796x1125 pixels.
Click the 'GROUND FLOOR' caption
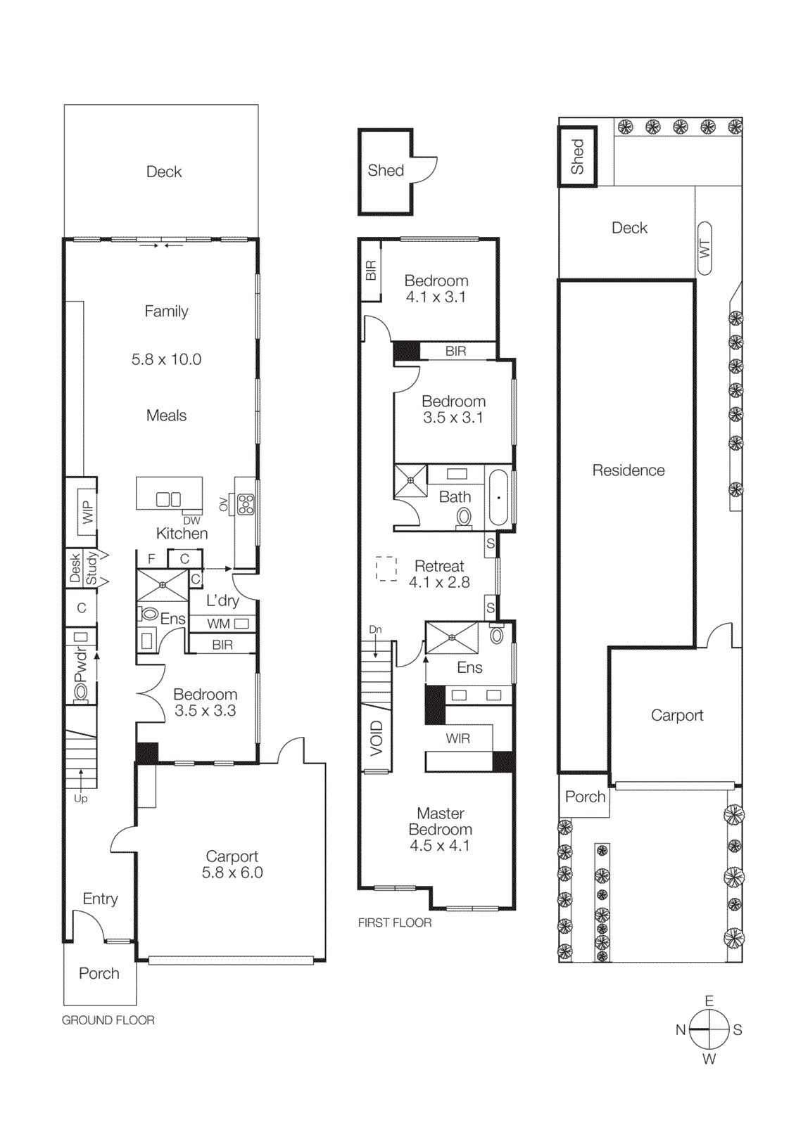108,1020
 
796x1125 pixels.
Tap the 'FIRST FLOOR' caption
394,922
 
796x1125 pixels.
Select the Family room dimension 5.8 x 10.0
166,359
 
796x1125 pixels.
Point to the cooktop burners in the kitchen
246,503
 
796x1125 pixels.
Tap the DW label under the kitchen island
191,521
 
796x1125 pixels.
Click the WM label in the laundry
218,624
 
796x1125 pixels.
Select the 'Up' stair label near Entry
81,799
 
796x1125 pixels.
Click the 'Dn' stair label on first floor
375,629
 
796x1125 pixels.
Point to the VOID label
376,738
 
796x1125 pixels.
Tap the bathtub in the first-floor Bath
498,497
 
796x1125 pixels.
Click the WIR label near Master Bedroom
457,738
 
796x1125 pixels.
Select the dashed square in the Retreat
386,569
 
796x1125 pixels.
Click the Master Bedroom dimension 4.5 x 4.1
440,846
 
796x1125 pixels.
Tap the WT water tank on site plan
705,248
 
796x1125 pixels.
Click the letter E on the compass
709,1001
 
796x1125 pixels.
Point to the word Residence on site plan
628,470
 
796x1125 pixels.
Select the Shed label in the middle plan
386,170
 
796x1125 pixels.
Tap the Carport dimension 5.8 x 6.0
232,873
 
